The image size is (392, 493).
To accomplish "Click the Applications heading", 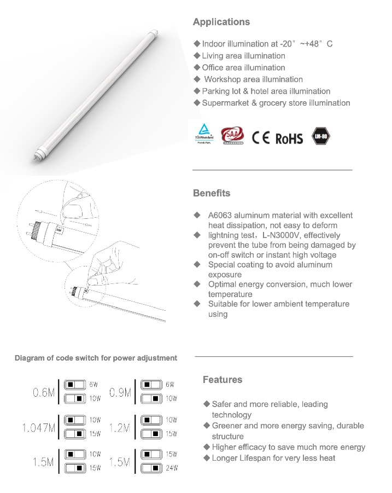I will tap(221, 22).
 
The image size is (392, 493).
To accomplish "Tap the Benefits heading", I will tap(212, 193).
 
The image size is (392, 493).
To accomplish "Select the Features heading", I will tap(222, 380).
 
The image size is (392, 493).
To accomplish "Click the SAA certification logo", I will tap(233, 136).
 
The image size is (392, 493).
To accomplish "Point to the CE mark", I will tap(261, 137).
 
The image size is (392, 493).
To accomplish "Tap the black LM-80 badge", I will tap(321, 137).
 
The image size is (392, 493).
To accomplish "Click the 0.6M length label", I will tap(43, 393).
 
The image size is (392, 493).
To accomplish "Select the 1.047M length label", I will tap(39, 428).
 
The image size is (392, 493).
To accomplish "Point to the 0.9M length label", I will tap(120, 393).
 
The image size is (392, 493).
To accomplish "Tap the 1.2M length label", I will tap(120, 428).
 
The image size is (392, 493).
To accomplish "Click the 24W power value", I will tap(172, 468).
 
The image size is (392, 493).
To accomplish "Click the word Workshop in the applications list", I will tap(223, 79).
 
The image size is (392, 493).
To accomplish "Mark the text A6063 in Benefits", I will tap(221, 216).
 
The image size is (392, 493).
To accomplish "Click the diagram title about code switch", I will tap(96, 358).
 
